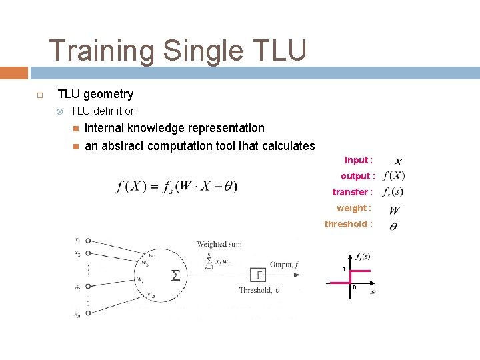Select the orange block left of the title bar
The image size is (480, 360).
(13, 73)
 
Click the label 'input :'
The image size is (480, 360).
(358, 160)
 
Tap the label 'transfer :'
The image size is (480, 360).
(352, 192)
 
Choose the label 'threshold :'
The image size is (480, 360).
(348, 224)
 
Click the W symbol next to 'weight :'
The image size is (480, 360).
(394, 210)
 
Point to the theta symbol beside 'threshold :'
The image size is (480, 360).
(393, 227)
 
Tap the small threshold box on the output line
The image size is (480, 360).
(258, 275)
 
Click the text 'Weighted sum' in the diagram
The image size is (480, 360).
(219, 244)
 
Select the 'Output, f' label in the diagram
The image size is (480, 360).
(284, 265)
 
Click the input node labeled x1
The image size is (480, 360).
(87, 241)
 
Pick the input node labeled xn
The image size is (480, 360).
(87, 313)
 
